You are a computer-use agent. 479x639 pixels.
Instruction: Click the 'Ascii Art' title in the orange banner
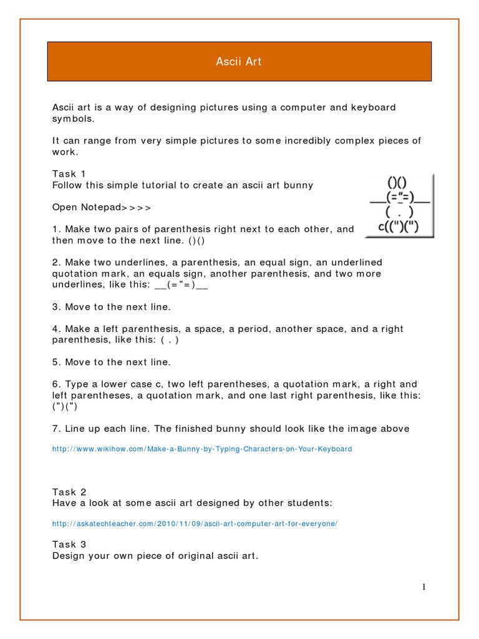[240, 61]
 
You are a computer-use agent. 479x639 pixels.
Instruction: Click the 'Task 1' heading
[69, 173]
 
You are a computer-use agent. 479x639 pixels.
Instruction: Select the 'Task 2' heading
[69, 492]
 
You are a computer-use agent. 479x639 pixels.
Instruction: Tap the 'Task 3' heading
[69, 544]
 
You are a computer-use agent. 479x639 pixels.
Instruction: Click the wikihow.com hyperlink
[201, 449]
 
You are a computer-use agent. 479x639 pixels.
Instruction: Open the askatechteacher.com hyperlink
[194, 524]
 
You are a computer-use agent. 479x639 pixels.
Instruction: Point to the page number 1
[423, 586]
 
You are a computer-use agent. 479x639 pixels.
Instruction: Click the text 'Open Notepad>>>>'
[101, 207]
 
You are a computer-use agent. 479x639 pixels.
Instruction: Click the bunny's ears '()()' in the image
[397, 183]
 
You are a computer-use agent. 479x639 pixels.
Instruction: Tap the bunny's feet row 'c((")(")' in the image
[398, 227]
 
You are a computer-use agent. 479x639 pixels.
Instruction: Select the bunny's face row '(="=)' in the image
[397, 198]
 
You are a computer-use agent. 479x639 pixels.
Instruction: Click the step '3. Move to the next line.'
[111, 307]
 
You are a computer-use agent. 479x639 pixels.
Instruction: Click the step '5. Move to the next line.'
[111, 362]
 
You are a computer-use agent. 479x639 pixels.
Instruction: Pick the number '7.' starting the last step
[56, 428]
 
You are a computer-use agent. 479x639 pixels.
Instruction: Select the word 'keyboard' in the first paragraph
[373, 107]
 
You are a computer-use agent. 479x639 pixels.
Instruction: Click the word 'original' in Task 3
[187, 555]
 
